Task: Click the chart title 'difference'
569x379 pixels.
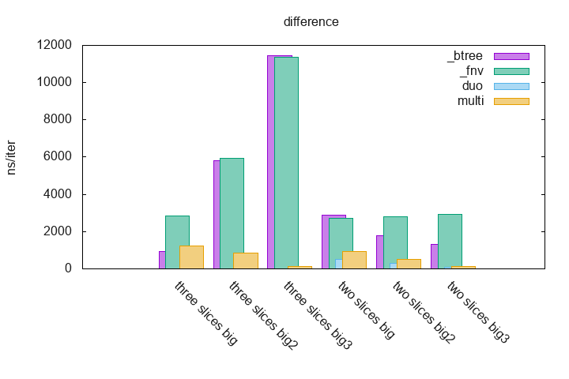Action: point(311,22)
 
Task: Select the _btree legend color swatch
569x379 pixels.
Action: point(511,56)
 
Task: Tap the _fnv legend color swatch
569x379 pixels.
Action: point(511,71)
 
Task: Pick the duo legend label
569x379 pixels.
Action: point(472,86)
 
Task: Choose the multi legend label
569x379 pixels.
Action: point(470,101)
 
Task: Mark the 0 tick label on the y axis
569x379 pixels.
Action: point(68,268)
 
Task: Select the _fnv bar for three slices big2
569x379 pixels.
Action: point(232,213)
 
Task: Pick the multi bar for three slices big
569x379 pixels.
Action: point(191,257)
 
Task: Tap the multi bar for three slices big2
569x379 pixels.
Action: point(246,261)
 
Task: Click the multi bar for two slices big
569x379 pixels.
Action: point(354,260)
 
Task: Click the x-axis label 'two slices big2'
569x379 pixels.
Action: point(424,313)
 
